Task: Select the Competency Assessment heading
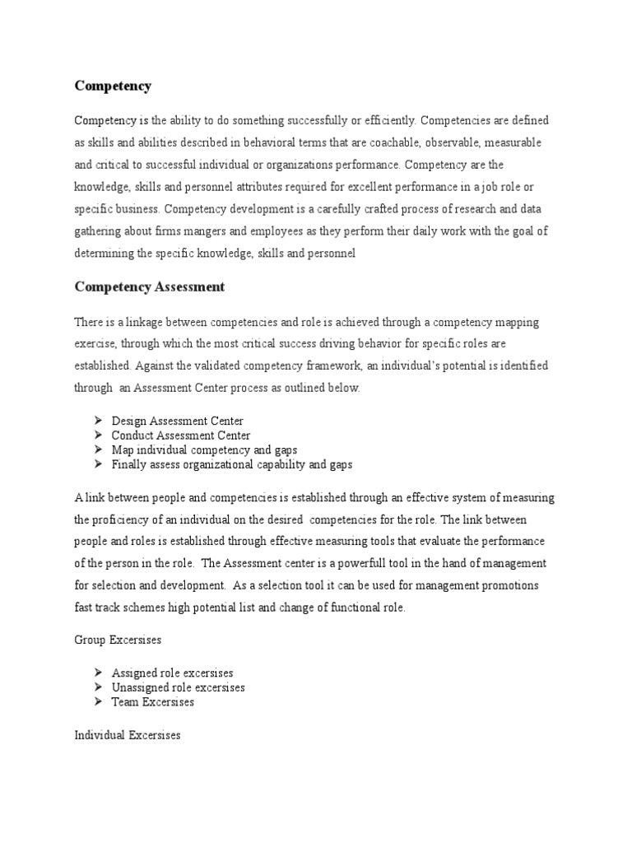tap(149, 286)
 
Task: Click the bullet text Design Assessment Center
tap(177, 421)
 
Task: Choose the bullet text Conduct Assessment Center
tap(181, 435)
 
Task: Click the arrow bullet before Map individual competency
tap(96, 450)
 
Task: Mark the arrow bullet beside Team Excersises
tap(96, 701)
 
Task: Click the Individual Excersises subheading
tap(127, 735)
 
